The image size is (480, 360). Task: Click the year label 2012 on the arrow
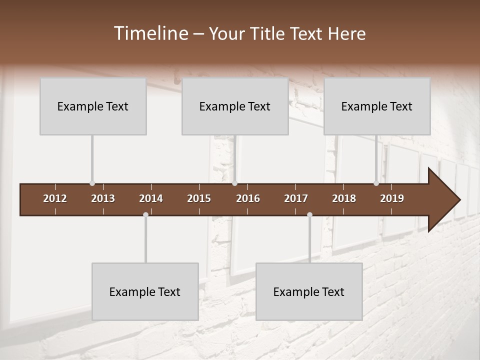click(x=55, y=198)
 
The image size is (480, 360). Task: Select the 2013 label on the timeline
click(x=103, y=198)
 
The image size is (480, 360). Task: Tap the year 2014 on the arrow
click(x=151, y=198)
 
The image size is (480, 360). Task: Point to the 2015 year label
click(x=199, y=198)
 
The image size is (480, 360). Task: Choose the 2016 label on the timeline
click(x=248, y=198)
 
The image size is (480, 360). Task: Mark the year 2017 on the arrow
click(x=296, y=198)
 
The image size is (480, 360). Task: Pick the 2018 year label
click(x=344, y=198)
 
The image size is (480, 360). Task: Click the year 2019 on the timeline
click(x=392, y=198)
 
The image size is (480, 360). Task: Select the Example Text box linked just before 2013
click(x=93, y=106)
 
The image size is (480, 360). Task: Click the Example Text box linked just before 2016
click(x=235, y=106)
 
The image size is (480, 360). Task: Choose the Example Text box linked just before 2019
click(x=377, y=106)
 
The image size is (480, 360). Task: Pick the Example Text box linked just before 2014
click(x=145, y=291)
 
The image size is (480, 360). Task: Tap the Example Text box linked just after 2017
click(x=309, y=291)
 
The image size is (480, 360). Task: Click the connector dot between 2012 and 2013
click(x=92, y=183)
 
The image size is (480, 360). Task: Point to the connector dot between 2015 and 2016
click(x=234, y=183)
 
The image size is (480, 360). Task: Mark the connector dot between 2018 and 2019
click(x=376, y=183)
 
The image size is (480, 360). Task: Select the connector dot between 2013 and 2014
click(x=145, y=214)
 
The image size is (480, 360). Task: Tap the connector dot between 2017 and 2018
click(x=309, y=214)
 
